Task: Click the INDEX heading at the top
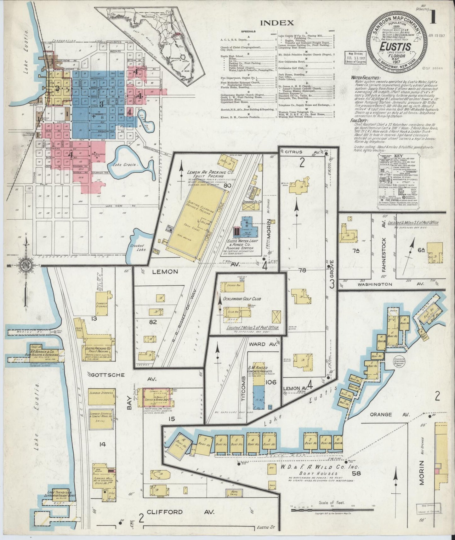pos(277,23)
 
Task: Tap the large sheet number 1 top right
pos(433,18)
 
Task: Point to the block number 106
pos(270,382)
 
